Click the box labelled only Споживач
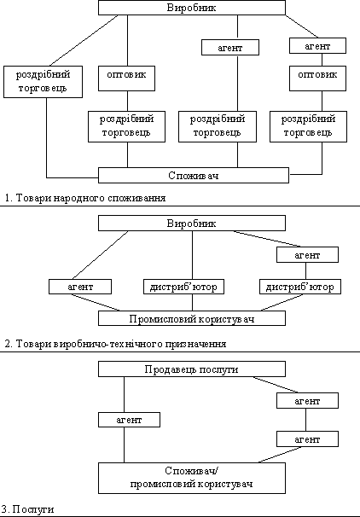[x=194, y=175]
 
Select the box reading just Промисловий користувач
[x=192, y=318]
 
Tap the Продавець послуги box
[x=192, y=369]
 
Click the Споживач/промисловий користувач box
[x=192, y=478]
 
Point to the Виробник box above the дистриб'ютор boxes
[x=192, y=224]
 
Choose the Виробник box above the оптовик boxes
[x=192, y=8]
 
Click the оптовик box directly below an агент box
[x=318, y=78]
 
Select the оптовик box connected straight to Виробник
[x=126, y=78]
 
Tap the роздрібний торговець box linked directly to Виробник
[x=43, y=82]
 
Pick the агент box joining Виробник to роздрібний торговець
[x=230, y=48]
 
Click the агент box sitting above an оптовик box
[x=318, y=46]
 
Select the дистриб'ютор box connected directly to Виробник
[x=183, y=287]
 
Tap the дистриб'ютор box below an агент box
[x=300, y=287]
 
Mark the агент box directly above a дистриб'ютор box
[x=307, y=255]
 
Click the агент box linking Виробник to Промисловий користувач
[x=80, y=287]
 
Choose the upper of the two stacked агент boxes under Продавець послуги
[x=307, y=401]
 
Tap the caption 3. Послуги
[x=27, y=509]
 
